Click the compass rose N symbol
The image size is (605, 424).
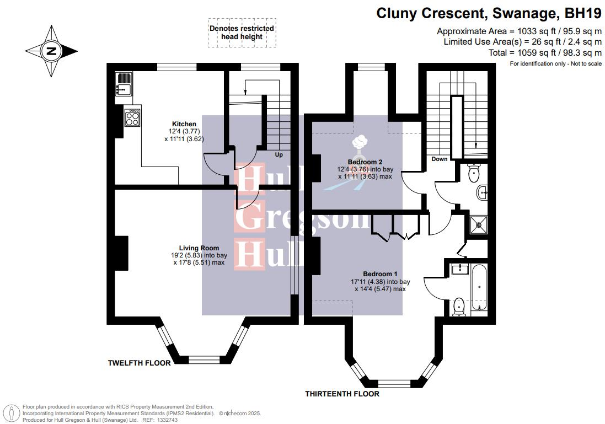pos(51,51)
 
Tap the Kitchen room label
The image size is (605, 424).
pos(184,124)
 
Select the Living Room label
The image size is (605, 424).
pos(199,248)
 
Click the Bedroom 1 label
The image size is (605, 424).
pos(380,275)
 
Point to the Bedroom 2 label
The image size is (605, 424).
pos(365,162)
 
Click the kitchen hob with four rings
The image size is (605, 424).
pos(132,117)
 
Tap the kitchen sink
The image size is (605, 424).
pos(124,84)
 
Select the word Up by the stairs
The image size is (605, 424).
pos(279,155)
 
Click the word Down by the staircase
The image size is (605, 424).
pos(440,159)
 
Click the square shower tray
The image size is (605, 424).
pos(479,225)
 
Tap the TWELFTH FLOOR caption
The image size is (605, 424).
pos(140,363)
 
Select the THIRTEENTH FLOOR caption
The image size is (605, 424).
pos(342,394)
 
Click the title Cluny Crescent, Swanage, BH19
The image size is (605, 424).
pos(489,13)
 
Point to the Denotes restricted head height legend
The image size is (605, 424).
pos(242,33)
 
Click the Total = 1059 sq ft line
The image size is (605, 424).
pos(545,52)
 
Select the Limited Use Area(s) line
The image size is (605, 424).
pos(522,42)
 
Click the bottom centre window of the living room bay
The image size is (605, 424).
pos(204,360)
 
